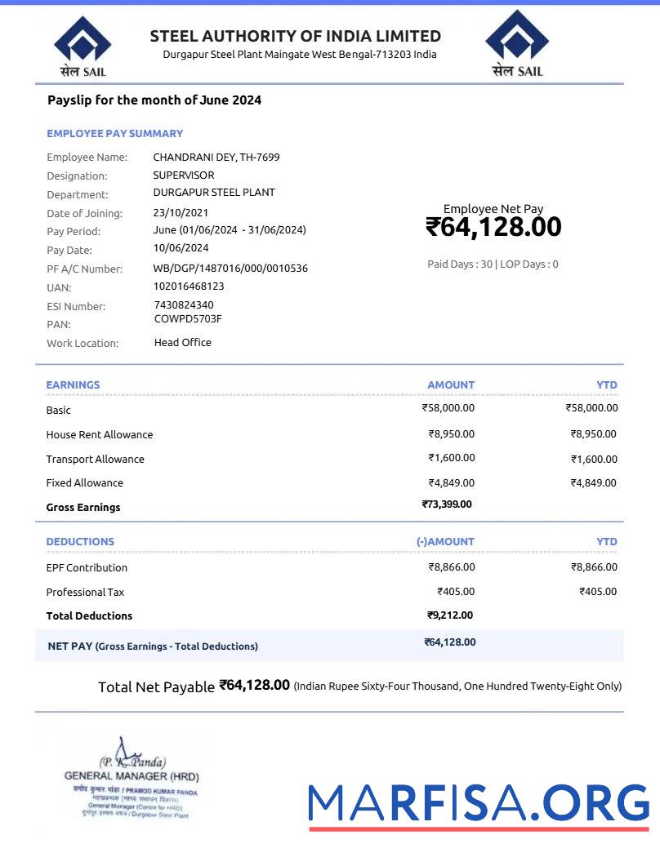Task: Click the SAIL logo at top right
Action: [517, 45]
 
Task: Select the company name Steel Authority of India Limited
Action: [295, 36]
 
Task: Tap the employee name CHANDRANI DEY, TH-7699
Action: [216, 157]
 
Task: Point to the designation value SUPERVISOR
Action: [183, 175]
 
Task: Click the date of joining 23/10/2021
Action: [181, 213]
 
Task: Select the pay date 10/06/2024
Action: [181, 248]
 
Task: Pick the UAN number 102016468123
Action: [188, 287]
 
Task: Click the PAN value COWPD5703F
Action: [188, 319]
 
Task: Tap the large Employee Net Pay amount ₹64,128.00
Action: [493, 227]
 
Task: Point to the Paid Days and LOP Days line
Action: [493, 264]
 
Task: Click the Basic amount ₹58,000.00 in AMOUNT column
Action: [448, 408]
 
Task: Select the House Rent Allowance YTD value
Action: [593, 434]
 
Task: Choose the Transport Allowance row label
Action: [95, 460]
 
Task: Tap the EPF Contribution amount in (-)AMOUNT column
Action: [451, 567]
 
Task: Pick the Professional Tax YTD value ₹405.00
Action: [598, 592]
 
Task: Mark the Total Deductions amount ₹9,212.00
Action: [449, 615]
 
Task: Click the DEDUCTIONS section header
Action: [80, 542]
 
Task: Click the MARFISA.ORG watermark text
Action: [478, 804]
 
